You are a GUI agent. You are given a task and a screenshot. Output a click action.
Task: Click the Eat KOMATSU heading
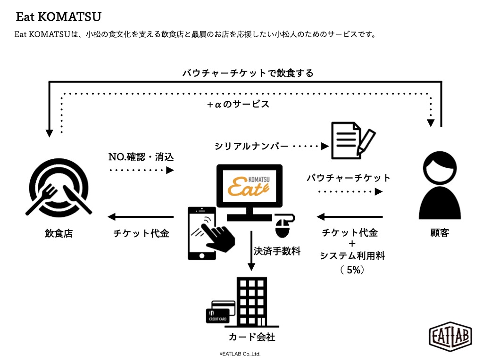pos(58,16)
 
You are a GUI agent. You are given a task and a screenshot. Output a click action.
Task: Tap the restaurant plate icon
pos(58,188)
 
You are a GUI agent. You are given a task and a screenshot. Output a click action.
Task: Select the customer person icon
pos(440,185)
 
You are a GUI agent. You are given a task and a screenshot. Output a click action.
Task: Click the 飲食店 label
pos(58,233)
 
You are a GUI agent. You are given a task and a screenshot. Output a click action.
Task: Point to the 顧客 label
pos(440,233)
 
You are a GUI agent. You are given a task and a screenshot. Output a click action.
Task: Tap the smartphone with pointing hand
pos(209,233)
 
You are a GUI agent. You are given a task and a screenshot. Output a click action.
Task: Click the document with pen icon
pos(353,140)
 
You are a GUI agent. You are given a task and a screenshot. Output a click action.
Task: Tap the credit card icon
pos(220,312)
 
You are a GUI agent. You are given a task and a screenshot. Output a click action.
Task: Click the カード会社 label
pos(252,337)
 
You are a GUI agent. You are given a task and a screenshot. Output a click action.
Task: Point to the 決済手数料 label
pos(277,251)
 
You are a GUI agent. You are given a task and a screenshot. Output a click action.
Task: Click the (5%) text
pos(352,270)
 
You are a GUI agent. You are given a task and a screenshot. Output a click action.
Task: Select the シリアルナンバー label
pos(251,146)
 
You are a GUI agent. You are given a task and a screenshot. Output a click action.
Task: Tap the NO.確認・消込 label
pos(141,157)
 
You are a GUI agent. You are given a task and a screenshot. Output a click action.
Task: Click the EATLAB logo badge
pos(450,337)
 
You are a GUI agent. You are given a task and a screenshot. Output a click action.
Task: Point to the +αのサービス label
pos(238,104)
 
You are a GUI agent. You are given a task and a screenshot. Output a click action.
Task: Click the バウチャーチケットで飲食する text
pos(248,73)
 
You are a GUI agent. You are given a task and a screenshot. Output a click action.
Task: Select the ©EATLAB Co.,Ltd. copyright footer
pos(240,354)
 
